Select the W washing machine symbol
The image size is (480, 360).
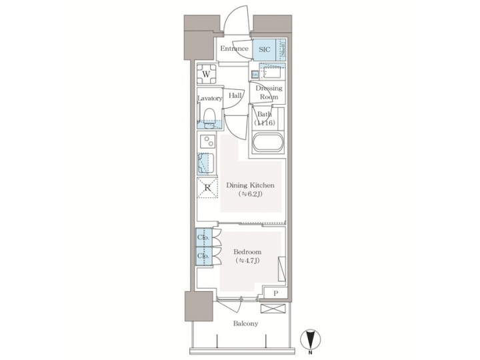(207, 74)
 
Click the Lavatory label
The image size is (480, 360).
(209, 99)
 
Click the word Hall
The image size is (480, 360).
(235, 95)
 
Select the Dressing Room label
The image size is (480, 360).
(269, 93)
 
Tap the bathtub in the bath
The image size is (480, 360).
(269, 143)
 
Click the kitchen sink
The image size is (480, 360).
(206, 163)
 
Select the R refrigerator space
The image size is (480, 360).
(207, 187)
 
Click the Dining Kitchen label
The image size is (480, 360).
(250, 185)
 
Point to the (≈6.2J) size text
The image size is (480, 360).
(251, 195)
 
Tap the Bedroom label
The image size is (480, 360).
(247, 252)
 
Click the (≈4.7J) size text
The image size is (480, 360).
(247, 261)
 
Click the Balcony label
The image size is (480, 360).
(246, 324)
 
